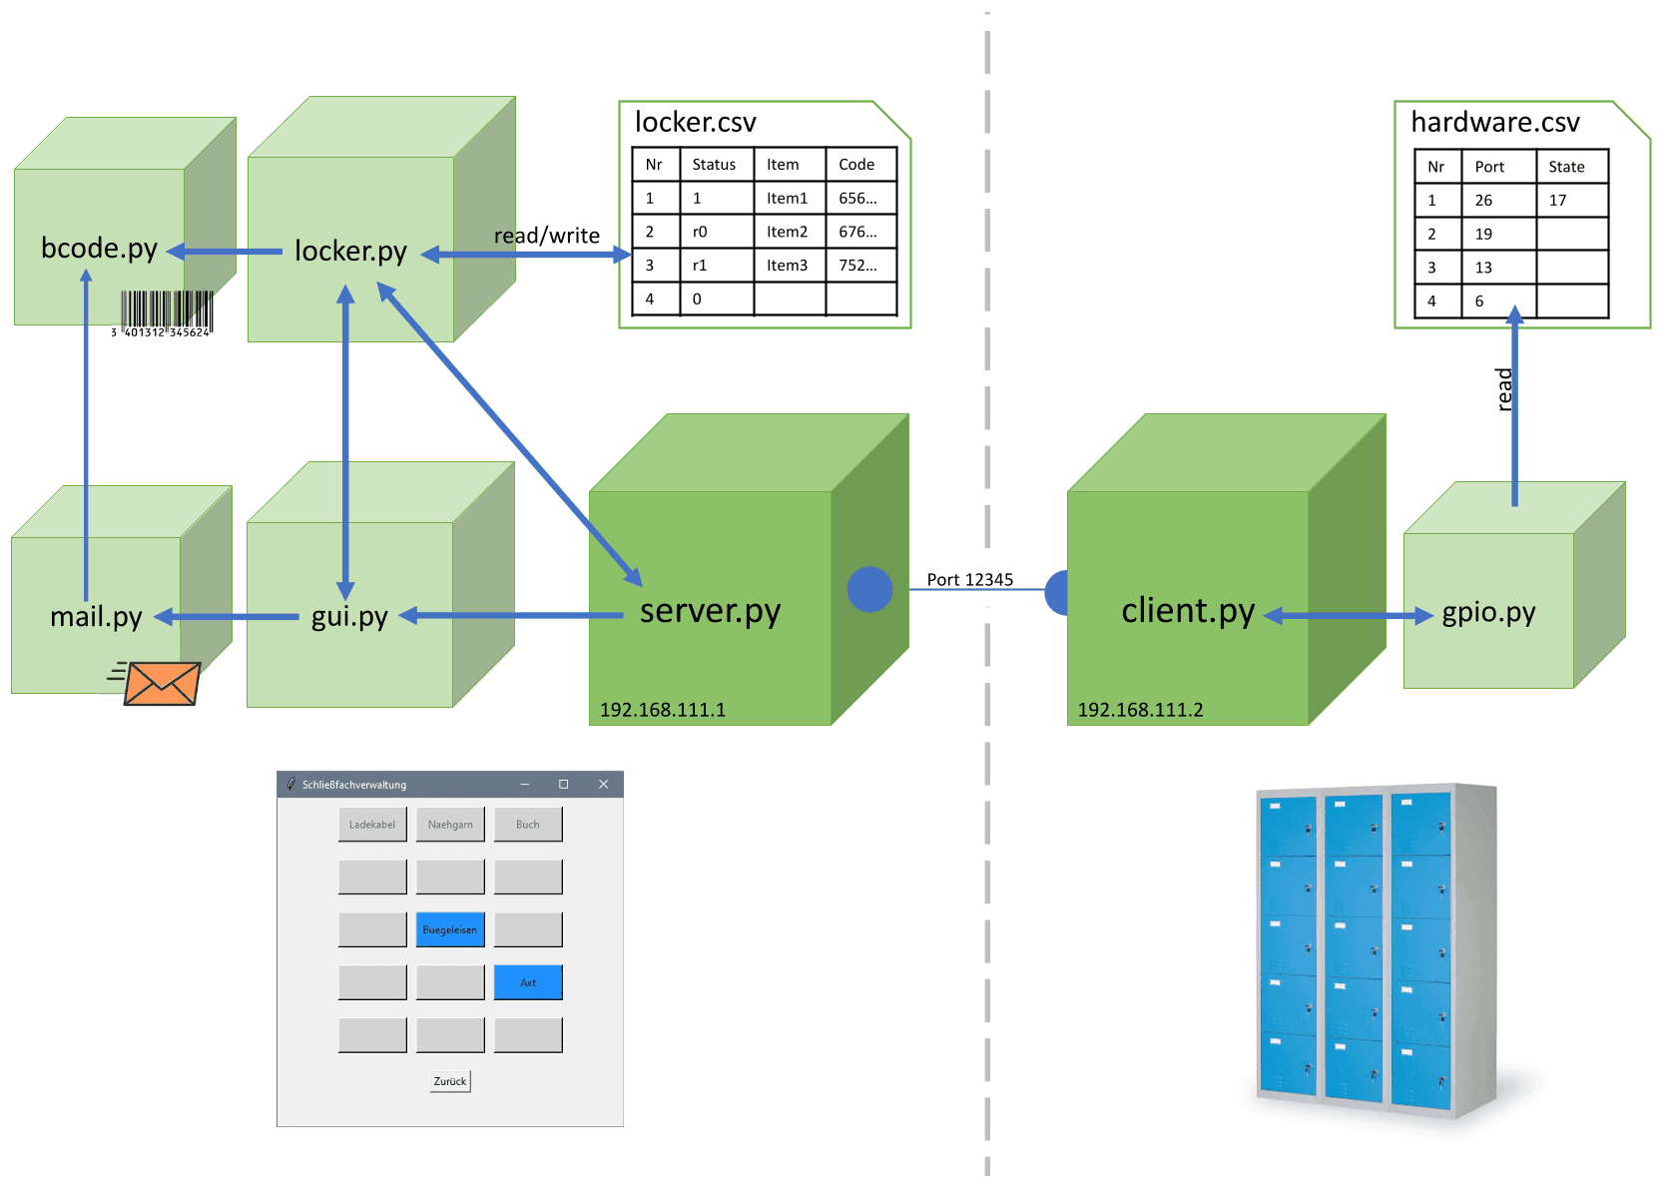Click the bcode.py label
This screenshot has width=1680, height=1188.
99,248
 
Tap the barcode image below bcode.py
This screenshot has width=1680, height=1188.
166,312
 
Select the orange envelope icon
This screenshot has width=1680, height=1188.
162,684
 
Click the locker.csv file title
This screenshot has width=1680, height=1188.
695,122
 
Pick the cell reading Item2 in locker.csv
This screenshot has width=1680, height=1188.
787,232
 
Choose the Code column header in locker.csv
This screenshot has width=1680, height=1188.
856,165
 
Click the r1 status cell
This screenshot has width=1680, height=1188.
700,266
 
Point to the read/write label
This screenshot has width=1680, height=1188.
546,236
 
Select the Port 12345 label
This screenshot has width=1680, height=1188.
969,579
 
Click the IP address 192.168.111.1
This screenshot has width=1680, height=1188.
662,710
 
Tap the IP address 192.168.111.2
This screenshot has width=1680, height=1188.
1140,710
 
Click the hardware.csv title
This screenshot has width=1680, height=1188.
1494,122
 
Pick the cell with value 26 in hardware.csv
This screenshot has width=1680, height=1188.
1483,201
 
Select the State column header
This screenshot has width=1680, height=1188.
1566,167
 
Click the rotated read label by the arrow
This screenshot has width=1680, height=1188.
1504,389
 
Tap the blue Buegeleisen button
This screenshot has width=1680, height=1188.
450,929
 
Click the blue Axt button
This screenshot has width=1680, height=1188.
528,982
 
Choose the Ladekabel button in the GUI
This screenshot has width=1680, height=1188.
372,825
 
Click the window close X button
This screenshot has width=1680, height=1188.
603,785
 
